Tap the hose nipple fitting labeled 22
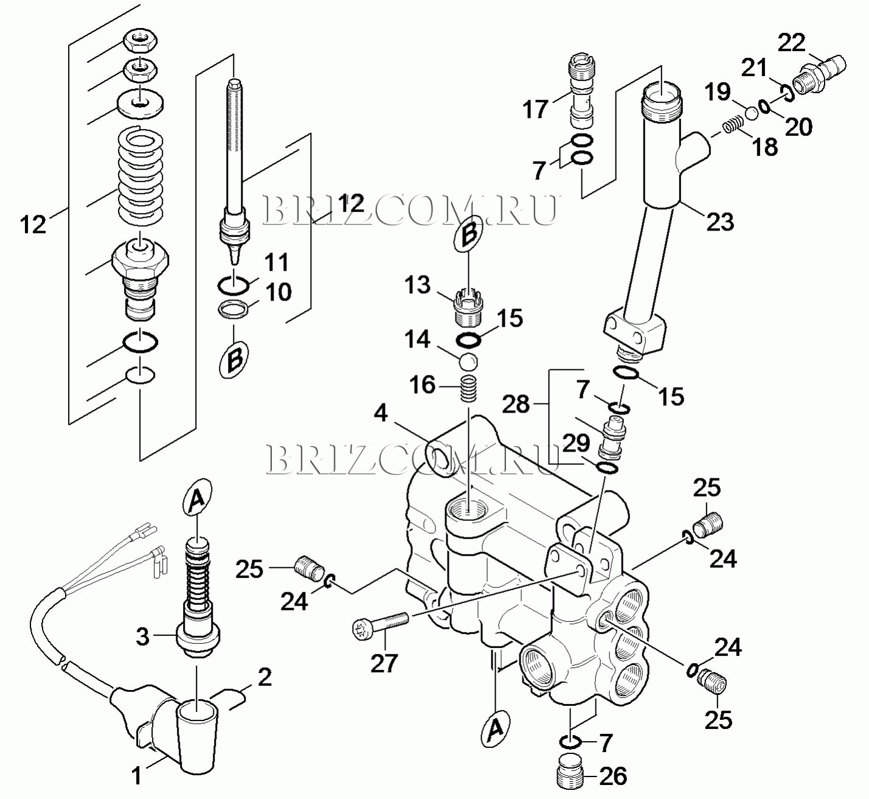click(x=819, y=75)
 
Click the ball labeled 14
click(x=468, y=361)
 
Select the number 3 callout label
click(x=142, y=637)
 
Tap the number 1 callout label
click(x=137, y=776)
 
